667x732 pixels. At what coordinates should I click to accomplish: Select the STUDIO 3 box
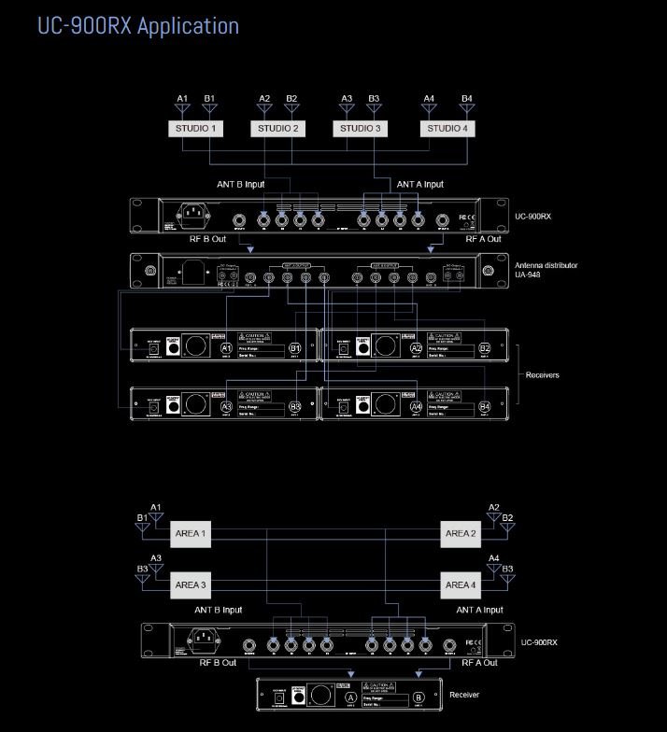click(361, 128)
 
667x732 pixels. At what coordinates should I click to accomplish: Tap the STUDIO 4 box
click(446, 128)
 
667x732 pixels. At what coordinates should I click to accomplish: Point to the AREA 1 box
click(191, 535)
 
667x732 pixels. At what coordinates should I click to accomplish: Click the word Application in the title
click(187, 25)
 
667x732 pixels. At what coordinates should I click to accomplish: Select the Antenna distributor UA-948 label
click(546, 271)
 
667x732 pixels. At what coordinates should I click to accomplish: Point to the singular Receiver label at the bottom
click(465, 696)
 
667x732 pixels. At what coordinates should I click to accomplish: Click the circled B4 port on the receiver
click(485, 407)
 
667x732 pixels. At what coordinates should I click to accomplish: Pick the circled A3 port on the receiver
click(226, 407)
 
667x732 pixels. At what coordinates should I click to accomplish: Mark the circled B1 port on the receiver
click(295, 348)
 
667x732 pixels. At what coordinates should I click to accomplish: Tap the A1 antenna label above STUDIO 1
click(182, 98)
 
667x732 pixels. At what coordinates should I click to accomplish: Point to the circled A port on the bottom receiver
click(350, 697)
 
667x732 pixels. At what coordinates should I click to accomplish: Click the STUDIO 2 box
click(278, 128)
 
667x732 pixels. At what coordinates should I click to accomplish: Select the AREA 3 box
click(191, 585)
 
